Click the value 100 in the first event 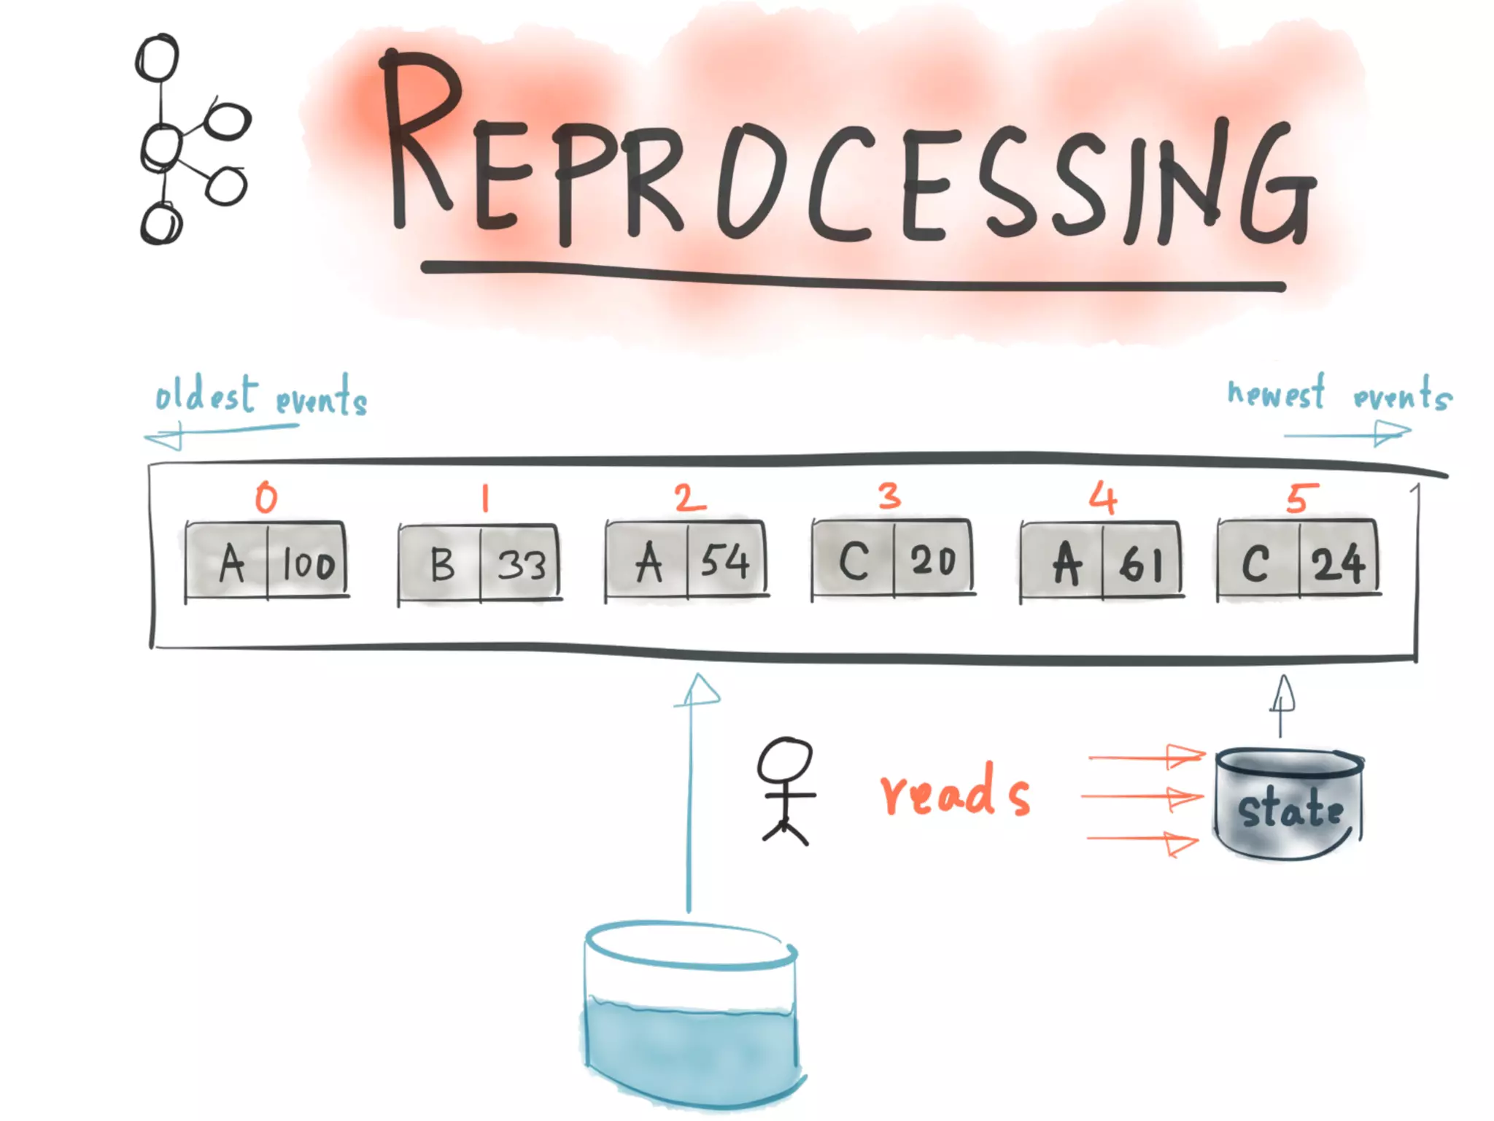pos(309,564)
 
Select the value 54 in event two pos(725,562)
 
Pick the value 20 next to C pos(933,560)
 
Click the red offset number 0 pos(266,498)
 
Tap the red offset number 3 pos(889,496)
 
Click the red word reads pos(955,792)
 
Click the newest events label pos(1339,395)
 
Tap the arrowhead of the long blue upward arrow pos(698,690)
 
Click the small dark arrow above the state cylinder pos(1282,697)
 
